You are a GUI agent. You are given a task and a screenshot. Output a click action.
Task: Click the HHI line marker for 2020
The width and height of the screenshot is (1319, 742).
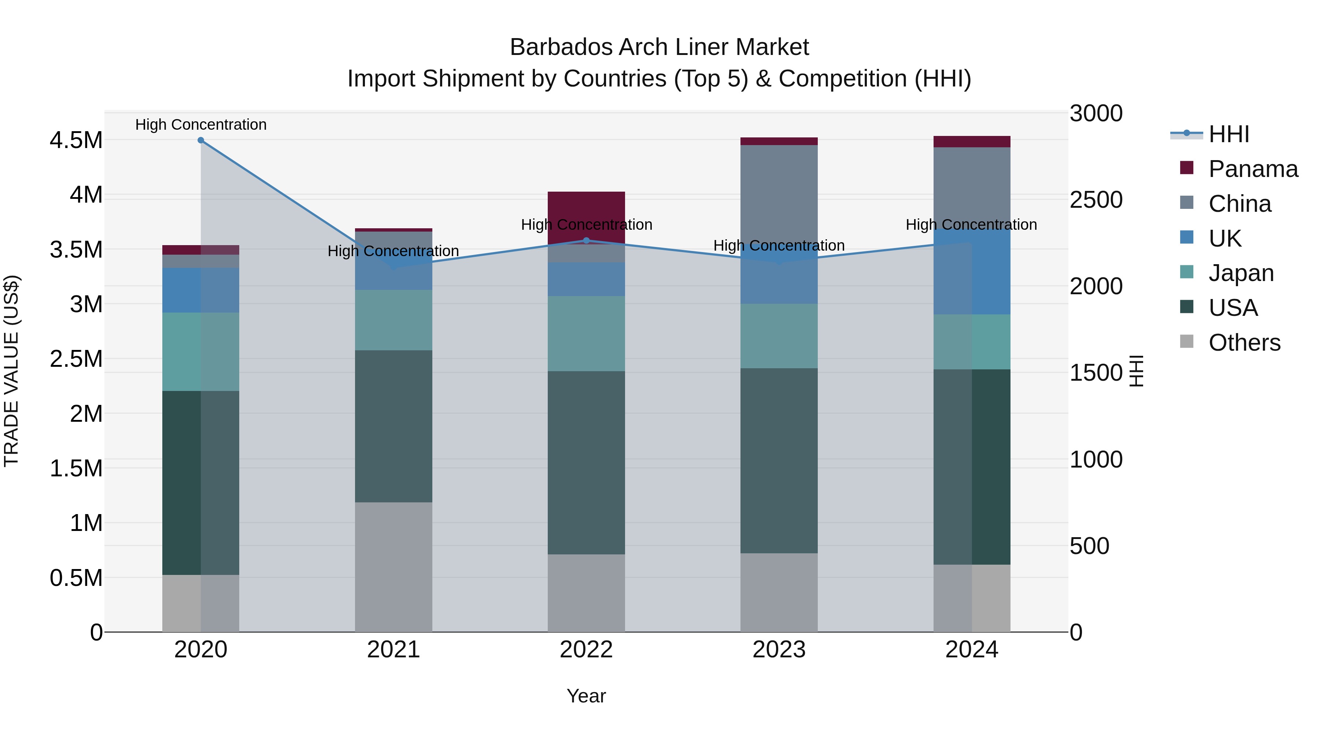201,140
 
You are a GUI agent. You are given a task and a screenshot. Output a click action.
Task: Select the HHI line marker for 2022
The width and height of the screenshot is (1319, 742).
586,240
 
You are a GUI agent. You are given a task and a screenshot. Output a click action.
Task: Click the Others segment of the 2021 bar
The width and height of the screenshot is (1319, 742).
393,566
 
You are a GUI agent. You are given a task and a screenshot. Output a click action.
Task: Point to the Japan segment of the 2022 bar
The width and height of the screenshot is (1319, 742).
586,333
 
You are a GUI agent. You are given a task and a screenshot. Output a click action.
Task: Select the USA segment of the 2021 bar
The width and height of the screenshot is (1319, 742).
393,426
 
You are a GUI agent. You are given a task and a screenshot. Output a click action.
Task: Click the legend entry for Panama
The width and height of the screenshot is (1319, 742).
1252,169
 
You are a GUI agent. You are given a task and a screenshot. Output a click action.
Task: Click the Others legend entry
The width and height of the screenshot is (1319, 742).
1244,343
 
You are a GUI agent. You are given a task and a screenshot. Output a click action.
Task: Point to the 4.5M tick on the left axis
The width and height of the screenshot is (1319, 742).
76,140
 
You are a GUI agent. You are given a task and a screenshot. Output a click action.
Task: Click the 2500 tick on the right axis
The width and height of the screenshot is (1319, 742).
1096,200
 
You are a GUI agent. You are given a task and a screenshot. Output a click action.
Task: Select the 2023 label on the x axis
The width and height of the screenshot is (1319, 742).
779,650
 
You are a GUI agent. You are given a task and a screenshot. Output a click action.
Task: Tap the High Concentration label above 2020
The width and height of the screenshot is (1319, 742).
201,125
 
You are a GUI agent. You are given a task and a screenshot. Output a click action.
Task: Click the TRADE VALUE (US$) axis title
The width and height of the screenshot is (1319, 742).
11,371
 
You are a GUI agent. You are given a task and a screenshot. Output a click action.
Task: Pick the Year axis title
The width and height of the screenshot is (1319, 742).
586,696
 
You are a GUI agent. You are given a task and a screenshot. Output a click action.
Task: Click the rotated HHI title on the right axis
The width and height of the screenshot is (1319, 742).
1136,371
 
